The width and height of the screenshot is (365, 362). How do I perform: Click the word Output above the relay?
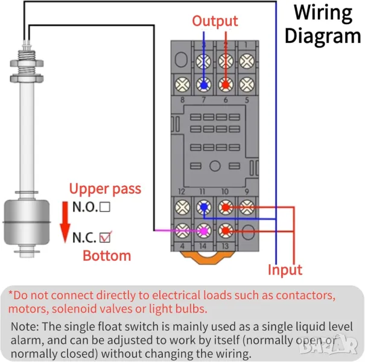pyautogui.click(x=215, y=21)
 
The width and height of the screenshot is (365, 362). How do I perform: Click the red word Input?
pyautogui.click(x=285, y=270)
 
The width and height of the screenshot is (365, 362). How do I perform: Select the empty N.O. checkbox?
pyautogui.click(x=105, y=207)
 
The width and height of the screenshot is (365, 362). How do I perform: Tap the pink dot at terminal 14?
pyautogui.click(x=204, y=230)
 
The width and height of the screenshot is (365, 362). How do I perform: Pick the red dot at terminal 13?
pyautogui.click(x=225, y=230)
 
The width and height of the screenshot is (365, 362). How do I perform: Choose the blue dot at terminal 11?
pyautogui.click(x=204, y=208)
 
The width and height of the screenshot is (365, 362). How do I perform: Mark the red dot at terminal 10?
pyautogui.click(x=225, y=208)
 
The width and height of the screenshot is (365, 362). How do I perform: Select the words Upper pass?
pyautogui.click(x=105, y=188)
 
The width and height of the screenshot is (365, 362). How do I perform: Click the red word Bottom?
pyautogui.click(x=107, y=255)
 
